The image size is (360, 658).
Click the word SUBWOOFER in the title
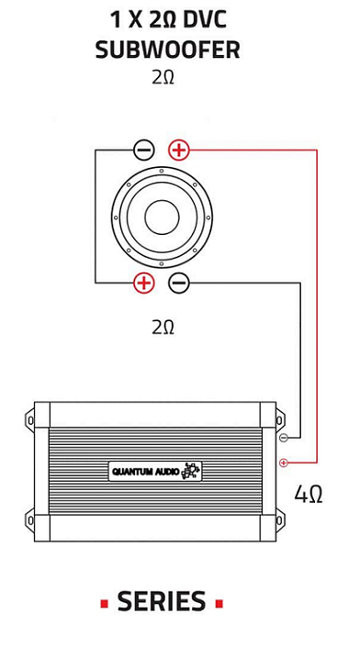click(x=168, y=50)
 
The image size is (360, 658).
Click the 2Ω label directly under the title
click(x=163, y=77)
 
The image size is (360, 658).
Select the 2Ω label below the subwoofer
click(x=163, y=328)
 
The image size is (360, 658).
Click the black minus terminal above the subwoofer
click(x=144, y=150)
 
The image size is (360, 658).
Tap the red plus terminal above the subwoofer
click(x=179, y=150)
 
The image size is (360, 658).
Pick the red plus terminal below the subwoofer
click(x=144, y=283)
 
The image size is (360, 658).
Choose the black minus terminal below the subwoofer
click(x=179, y=283)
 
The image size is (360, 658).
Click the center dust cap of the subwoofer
click(x=162, y=217)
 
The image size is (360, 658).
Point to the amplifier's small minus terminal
click(x=284, y=438)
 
